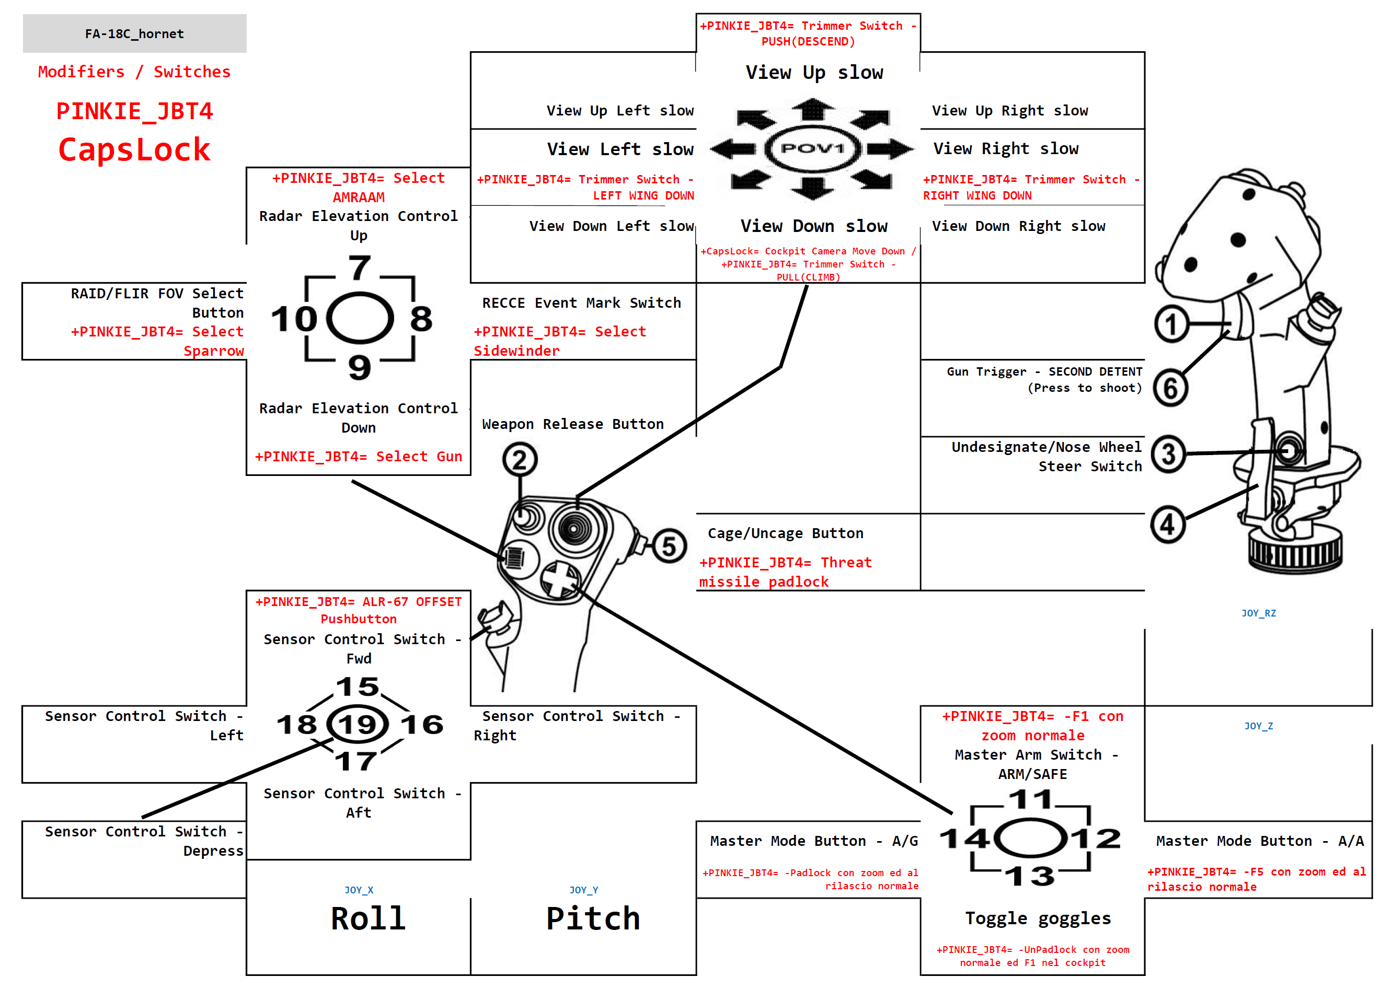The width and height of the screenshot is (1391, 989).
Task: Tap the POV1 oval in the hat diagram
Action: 812,148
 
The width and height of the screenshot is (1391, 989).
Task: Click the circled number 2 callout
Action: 519,460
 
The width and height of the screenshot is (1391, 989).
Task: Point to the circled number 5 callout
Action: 669,546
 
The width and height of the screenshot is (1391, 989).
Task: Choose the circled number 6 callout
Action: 1170,388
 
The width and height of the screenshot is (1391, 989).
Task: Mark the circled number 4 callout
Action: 1167,525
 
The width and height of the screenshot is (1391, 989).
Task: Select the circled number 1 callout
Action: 1170,324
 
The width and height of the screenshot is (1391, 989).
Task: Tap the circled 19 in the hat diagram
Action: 358,724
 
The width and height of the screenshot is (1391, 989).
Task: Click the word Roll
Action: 368,918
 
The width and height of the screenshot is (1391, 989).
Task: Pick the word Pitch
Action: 593,918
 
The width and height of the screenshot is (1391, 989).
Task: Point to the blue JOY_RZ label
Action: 1258,613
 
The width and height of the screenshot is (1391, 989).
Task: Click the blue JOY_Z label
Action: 1258,726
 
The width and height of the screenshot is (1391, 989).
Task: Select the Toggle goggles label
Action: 1038,918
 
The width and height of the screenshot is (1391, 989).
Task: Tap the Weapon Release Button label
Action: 573,424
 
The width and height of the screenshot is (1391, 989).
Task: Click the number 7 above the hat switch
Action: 360,268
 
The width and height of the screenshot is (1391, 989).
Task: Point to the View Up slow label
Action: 814,73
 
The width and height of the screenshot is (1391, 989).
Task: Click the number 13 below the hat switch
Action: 1029,876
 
